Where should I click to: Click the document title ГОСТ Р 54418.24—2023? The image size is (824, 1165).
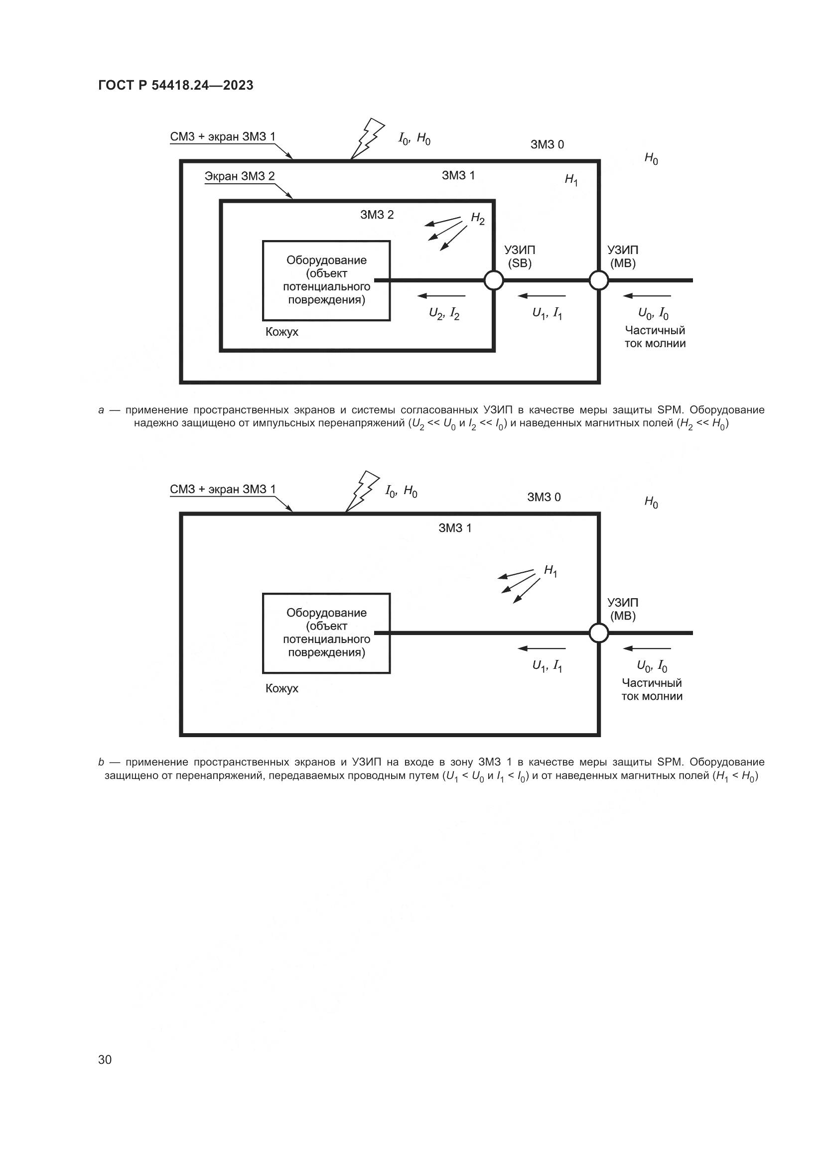175,85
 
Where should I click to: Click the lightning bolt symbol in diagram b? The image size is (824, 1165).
361,491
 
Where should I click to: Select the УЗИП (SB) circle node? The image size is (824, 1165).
494,280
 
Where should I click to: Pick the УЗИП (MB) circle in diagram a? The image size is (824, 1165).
599,280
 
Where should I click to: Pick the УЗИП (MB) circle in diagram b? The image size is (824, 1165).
599,633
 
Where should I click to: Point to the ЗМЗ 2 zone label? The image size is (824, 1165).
377,215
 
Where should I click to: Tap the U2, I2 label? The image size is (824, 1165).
444,314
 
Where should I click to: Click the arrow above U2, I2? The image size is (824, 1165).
441,296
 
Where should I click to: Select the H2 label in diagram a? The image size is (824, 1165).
477,219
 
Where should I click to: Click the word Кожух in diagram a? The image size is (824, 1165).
281,332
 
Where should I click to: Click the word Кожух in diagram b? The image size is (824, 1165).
281,688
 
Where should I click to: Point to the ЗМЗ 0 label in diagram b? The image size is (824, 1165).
544,497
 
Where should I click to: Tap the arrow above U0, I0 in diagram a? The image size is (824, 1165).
647,296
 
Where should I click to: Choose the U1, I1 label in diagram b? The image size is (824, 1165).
547,666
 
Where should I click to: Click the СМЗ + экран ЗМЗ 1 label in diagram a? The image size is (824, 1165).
223,136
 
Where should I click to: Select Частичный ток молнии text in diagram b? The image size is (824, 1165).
652,689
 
